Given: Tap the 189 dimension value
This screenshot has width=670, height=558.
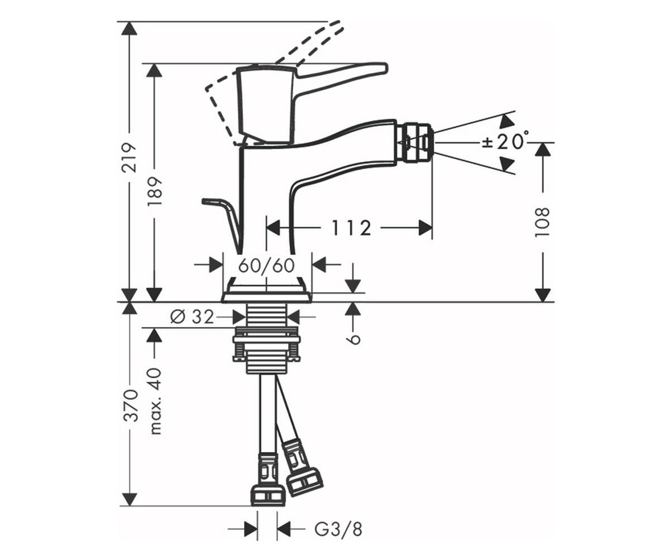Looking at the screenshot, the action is tap(155, 192).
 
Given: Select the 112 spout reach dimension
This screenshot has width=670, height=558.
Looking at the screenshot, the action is tap(351, 228).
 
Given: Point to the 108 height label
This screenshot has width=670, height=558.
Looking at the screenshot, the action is tap(542, 222).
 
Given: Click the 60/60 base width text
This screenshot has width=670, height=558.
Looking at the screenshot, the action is tap(266, 266).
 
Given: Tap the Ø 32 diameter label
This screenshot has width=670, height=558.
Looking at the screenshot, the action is tap(192, 317).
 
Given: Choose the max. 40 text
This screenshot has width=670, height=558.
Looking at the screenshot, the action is tap(155, 401).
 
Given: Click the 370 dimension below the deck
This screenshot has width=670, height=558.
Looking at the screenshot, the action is tap(131, 405).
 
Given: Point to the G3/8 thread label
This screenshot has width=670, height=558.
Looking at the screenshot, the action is tap(338, 530).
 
